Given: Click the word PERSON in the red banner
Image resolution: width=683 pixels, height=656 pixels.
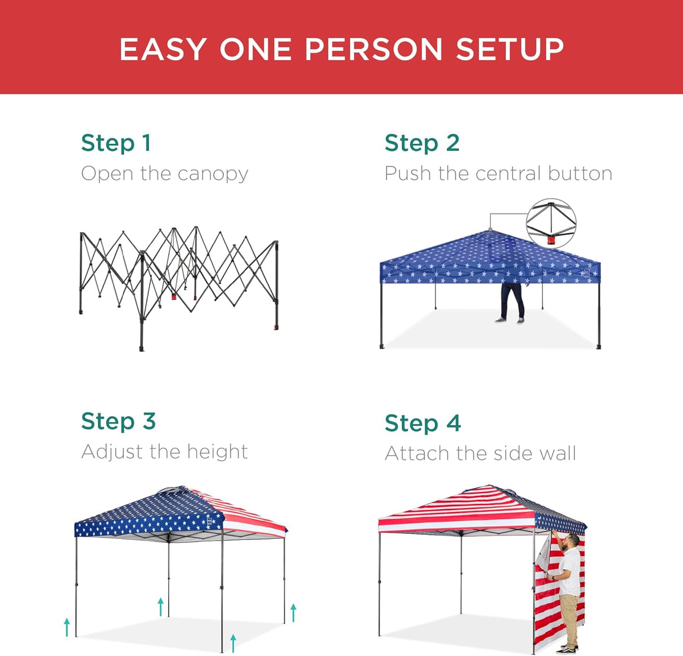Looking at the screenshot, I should point(374,50).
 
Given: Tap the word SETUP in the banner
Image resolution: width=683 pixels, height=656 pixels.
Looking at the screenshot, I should point(510,50).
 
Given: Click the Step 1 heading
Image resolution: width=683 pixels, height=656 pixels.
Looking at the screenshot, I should point(116,143).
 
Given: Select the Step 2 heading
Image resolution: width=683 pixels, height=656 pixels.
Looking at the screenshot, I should point(422,143).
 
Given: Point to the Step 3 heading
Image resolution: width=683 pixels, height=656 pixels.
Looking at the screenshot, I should point(118,421).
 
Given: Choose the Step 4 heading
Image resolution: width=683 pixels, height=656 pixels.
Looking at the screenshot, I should point(423,423).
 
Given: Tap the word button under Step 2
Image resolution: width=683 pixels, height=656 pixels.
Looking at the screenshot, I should point(580,173).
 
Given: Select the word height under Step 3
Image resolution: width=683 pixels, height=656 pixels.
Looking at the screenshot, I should point(217,452).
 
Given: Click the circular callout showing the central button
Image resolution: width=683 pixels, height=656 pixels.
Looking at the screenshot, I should point(551,224).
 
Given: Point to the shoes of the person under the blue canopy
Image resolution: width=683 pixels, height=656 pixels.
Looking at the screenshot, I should point(509,320).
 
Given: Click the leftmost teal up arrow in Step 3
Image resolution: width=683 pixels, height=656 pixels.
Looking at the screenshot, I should point(67,627).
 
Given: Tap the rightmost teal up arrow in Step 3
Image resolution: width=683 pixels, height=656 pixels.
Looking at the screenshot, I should point(293,613).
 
